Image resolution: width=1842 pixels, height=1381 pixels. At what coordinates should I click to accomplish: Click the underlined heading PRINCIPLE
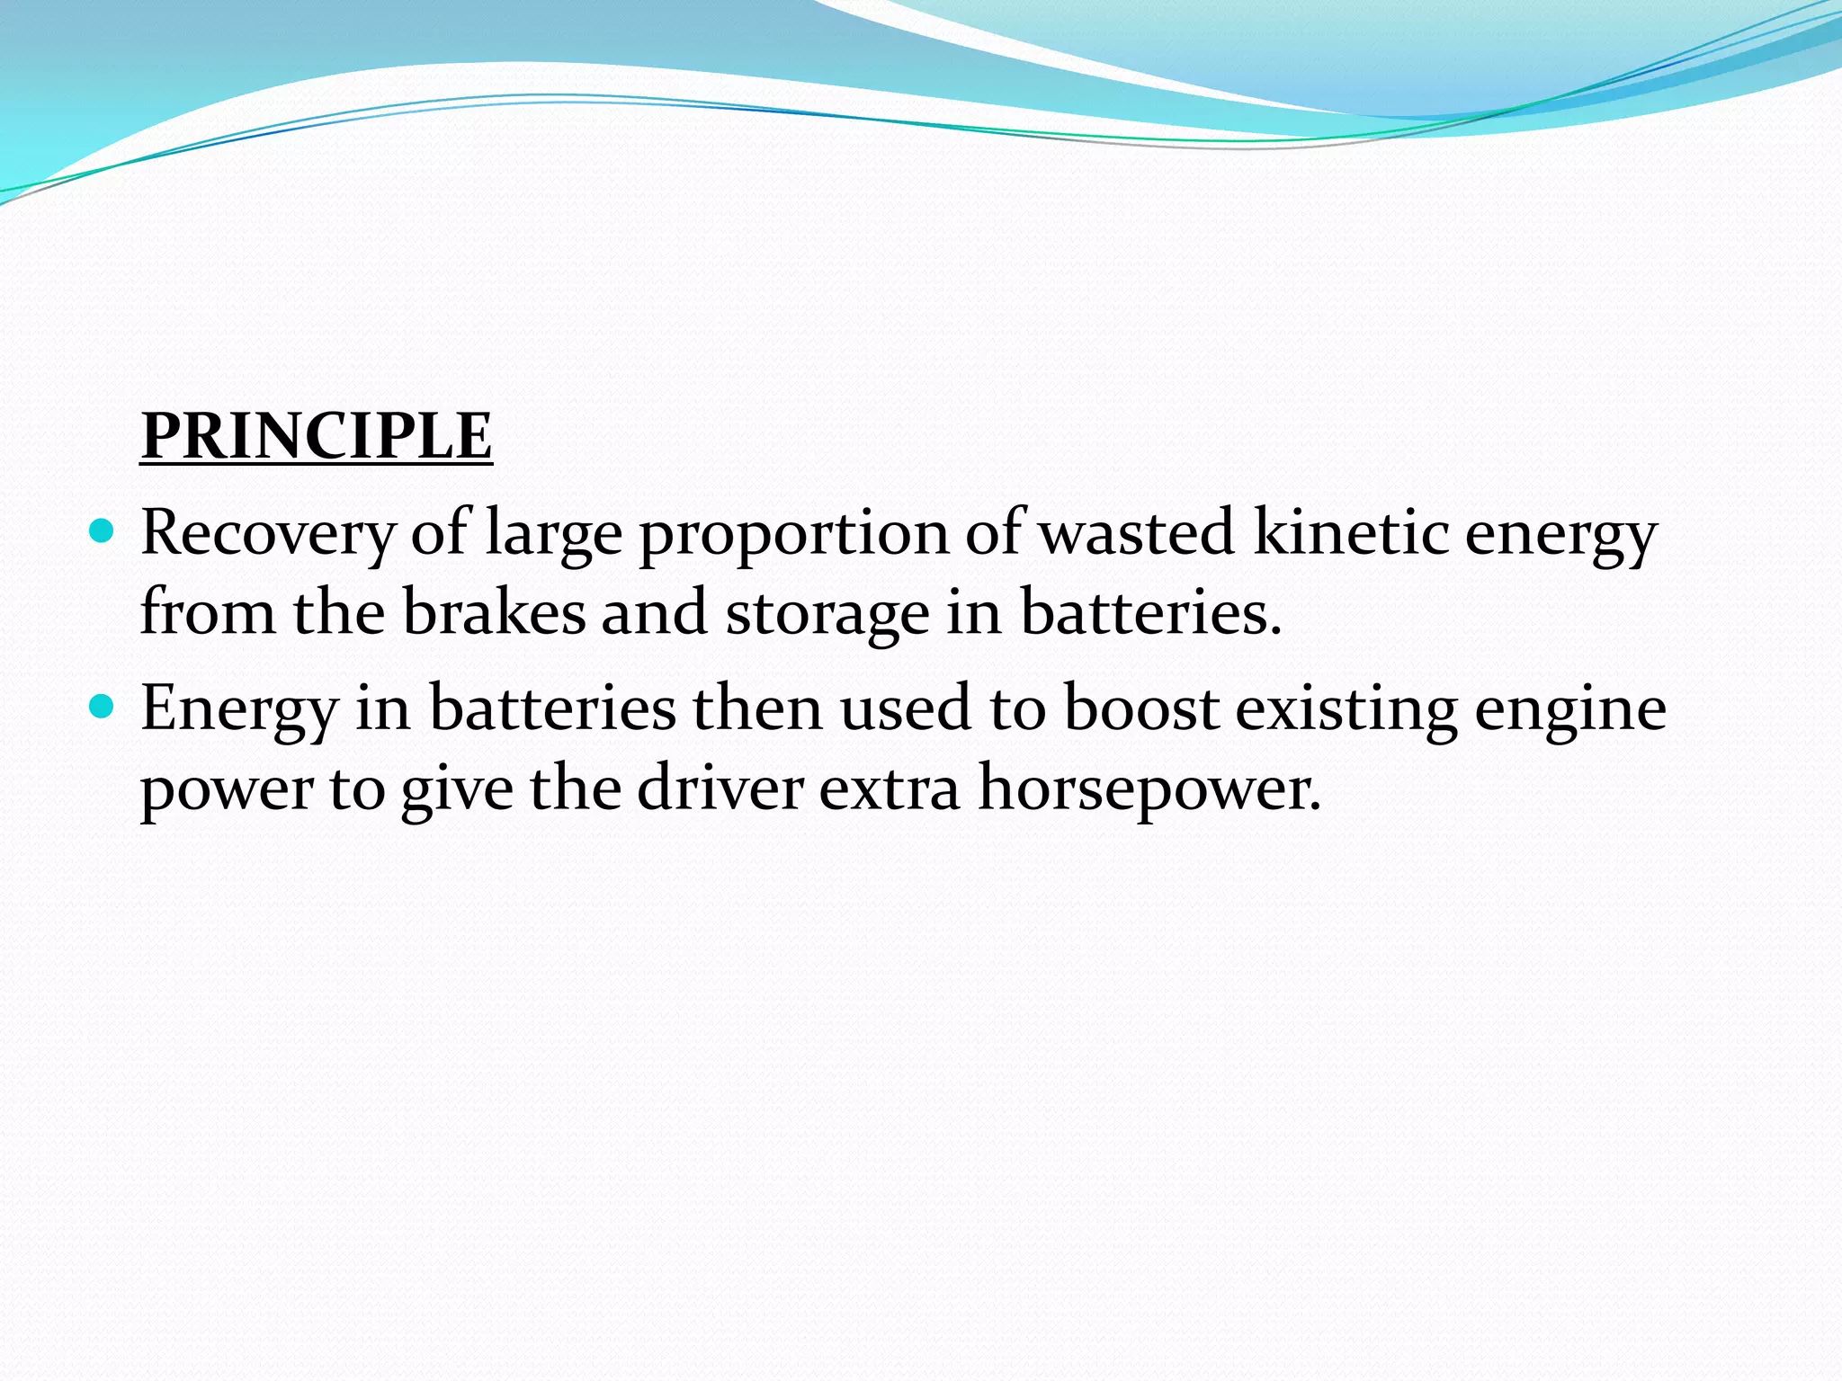317,436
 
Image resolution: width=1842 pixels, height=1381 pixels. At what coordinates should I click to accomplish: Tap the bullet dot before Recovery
103,532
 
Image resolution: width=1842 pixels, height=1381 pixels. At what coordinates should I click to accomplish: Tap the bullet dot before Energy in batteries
103,708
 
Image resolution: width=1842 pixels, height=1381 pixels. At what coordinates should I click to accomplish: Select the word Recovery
268,534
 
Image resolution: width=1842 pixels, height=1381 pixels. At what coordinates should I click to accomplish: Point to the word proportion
793,534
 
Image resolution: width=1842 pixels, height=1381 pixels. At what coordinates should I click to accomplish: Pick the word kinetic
1350,532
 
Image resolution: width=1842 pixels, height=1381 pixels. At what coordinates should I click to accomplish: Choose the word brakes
493,612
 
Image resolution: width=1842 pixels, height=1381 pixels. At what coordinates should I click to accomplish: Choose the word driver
720,788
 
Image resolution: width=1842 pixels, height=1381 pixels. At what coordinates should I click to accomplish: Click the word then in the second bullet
756,708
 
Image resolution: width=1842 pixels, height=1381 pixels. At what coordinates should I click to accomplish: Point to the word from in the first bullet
208,612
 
